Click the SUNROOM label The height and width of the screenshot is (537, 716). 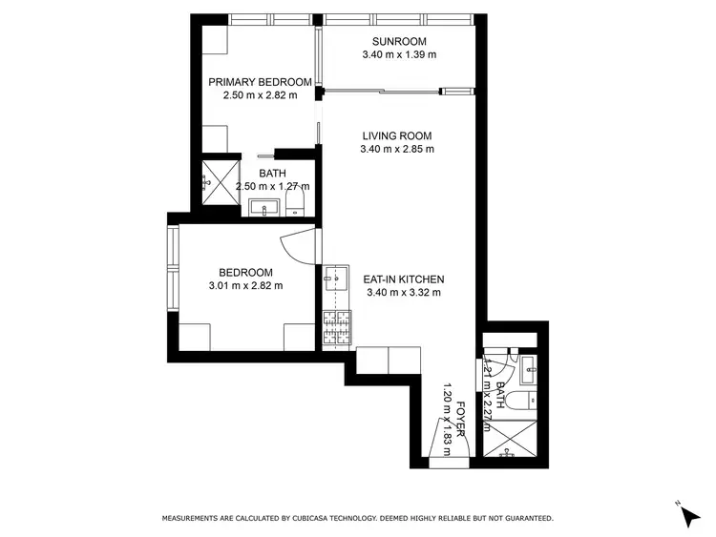[x=399, y=41]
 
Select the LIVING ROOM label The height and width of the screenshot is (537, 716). [x=397, y=134]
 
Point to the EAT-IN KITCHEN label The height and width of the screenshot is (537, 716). [x=404, y=279]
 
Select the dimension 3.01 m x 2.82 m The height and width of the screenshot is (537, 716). [x=245, y=284]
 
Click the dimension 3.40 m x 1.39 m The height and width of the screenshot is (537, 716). [x=399, y=54]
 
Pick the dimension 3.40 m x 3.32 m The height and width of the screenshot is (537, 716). [x=404, y=292]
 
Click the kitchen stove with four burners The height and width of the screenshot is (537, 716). [x=336, y=327]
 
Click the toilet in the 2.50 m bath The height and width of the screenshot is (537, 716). [x=294, y=207]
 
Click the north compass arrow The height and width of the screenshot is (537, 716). [x=688, y=515]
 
